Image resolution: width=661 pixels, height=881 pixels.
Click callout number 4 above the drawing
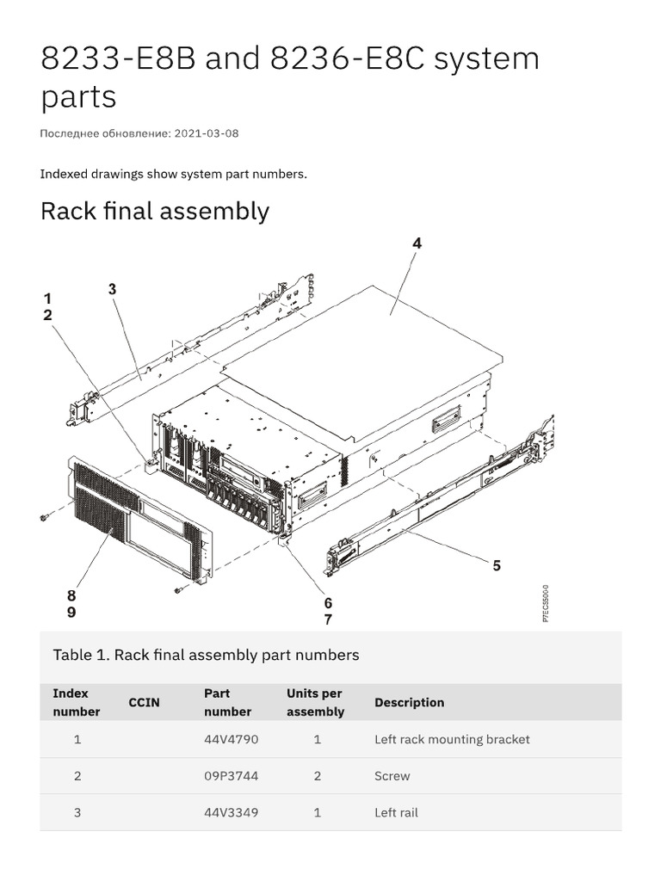click(x=417, y=243)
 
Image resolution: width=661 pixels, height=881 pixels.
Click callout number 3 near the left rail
click(x=112, y=289)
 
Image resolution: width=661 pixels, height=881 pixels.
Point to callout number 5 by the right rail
click(x=497, y=565)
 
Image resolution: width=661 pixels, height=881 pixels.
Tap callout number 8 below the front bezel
click(x=71, y=595)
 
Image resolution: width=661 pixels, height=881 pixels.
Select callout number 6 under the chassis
click(x=328, y=603)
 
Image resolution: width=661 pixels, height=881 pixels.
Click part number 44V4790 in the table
click(x=231, y=739)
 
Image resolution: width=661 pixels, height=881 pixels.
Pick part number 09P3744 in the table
click(x=231, y=776)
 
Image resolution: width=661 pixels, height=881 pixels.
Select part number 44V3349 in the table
click(x=231, y=812)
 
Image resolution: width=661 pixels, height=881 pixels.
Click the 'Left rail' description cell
click(x=396, y=812)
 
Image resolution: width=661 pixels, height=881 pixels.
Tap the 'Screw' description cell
click(x=392, y=776)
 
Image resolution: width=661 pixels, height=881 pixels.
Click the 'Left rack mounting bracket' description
click(x=452, y=739)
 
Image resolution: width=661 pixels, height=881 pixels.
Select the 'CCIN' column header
click(x=144, y=702)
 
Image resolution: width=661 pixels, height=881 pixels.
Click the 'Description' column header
click(x=409, y=702)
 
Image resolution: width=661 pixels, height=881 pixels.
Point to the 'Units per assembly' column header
click(x=315, y=702)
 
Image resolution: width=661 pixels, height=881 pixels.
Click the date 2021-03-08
click(x=207, y=133)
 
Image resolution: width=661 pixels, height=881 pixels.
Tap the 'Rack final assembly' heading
click(x=155, y=211)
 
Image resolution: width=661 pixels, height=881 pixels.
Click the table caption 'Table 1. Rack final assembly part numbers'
click(x=206, y=655)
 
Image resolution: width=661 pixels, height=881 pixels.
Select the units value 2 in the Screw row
click(x=318, y=776)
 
